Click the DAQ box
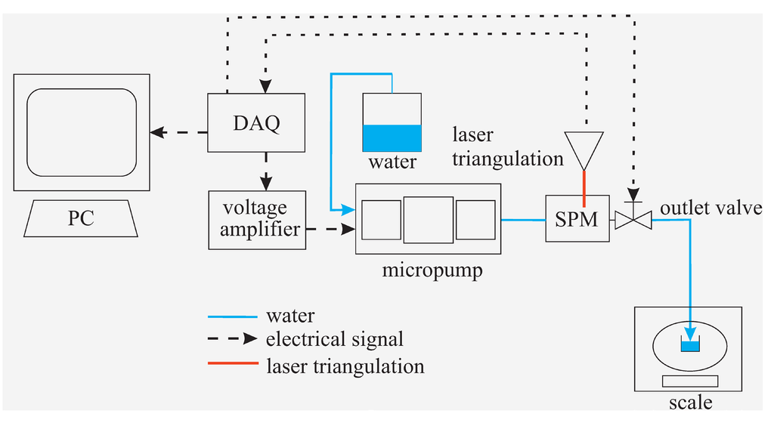pos(256,122)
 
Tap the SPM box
pos(577,220)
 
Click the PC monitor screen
pos(82,132)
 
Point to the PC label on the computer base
pos(81,218)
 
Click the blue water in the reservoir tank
pos(391,138)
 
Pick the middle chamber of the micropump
pos(429,219)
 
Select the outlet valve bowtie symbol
pos(633,220)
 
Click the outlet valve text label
pos(711,208)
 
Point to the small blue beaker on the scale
pos(689,346)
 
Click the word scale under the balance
pos(690,403)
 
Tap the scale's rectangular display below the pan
pos(690,381)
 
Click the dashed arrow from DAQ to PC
pos(178,133)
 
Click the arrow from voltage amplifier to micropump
pos(331,227)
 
